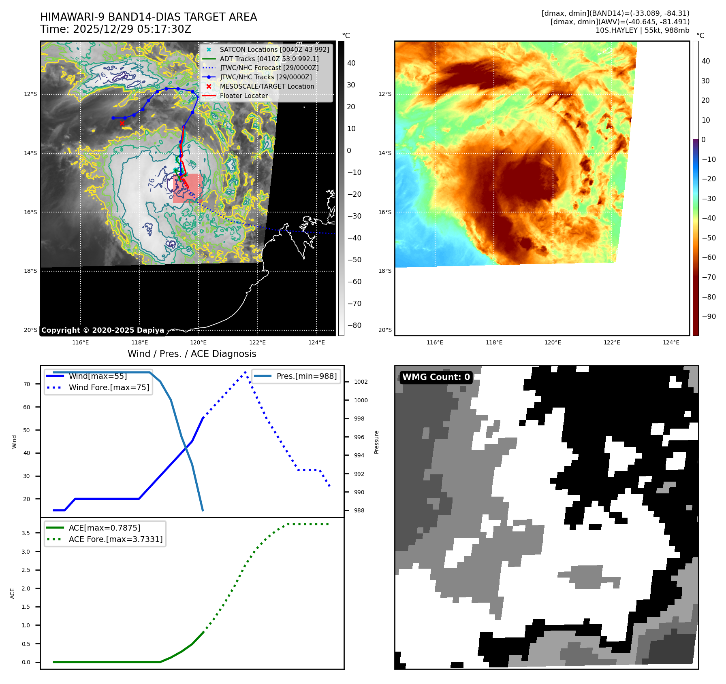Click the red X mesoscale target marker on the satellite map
pos(122,123)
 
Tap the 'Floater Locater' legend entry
pos(243,96)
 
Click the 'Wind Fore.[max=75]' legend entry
pos(109,387)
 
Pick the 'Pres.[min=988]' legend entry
pos(306,376)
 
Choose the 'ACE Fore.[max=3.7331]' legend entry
pos(115,539)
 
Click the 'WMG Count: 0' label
pos(436,377)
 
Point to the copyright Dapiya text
pos(102,330)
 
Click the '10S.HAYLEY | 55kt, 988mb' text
pos(642,30)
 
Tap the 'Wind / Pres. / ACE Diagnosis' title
pos(192,354)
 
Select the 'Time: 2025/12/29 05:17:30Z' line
pos(115,30)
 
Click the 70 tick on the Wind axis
pos(27,384)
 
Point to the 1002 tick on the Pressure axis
pos(361,382)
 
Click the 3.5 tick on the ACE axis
pos(26,533)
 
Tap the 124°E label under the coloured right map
pos(671,342)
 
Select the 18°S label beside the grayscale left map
pos(30,271)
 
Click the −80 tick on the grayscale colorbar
pos(354,325)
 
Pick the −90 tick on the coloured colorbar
pos(709,317)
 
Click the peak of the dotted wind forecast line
pos(245,372)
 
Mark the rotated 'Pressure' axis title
pos(376,442)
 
